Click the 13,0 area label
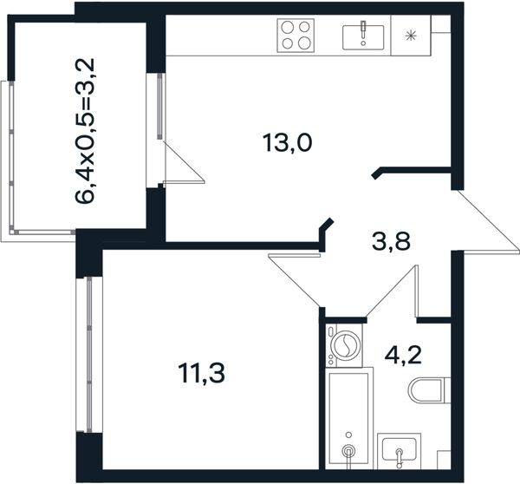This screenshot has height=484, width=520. point(287,143)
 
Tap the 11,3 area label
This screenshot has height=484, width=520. point(201,373)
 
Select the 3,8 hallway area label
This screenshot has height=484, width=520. point(392,241)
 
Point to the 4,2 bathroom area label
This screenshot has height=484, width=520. point(403,355)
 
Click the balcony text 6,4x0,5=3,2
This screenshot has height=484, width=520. point(85,130)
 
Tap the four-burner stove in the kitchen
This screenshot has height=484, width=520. point(296,36)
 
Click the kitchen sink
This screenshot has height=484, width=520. point(363,36)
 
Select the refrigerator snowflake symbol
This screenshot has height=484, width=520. point(411,36)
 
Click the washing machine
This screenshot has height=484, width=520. point(344,345)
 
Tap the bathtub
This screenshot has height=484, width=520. point(349,418)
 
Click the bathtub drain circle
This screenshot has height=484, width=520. point(348,450)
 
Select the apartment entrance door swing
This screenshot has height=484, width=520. point(484,221)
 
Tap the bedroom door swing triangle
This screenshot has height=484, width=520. point(295,279)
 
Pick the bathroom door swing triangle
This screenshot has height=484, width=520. point(393,291)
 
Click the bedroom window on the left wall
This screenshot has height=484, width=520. point(89,355)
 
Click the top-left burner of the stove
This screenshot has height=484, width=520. point(288,27)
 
